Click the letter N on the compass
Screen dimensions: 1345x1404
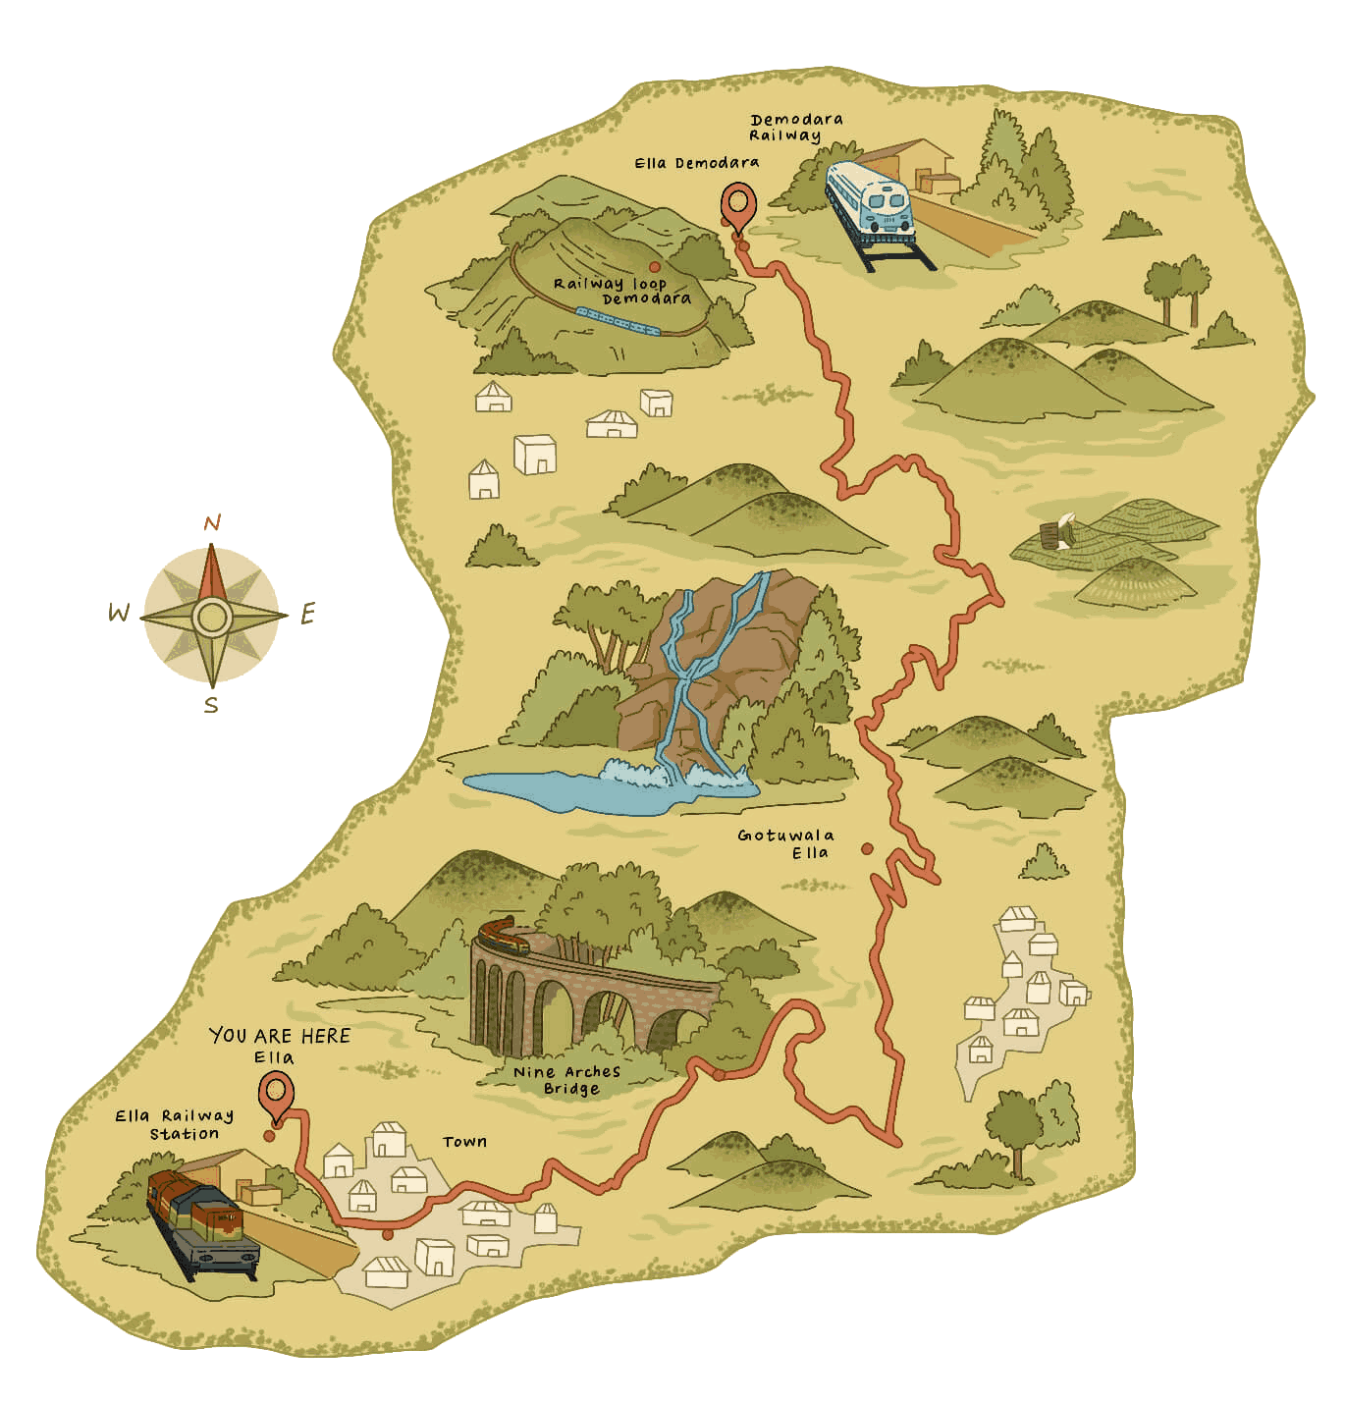point(212,523)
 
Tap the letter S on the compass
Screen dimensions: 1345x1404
point(211,706)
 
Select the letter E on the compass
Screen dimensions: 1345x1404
point(307,615)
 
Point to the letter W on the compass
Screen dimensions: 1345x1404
point(118,615)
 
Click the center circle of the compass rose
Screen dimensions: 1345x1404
point(211,617)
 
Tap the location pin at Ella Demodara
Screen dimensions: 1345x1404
point(738,207)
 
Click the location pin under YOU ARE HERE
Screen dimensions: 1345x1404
point(277,1094)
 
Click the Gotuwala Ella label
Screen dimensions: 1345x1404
point(787,843)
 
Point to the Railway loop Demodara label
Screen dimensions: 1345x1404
point(622,291)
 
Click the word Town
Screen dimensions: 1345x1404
point(464,1142)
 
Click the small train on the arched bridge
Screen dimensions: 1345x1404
point(503,935)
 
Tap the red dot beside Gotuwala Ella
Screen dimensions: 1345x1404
point(867,849)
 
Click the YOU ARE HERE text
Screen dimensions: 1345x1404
point(280,1036)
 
